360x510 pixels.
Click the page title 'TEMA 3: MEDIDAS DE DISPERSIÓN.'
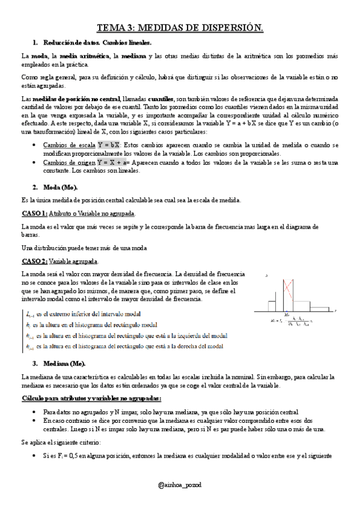[x=180, y=28]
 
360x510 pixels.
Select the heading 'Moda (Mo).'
[x=64, y=187]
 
